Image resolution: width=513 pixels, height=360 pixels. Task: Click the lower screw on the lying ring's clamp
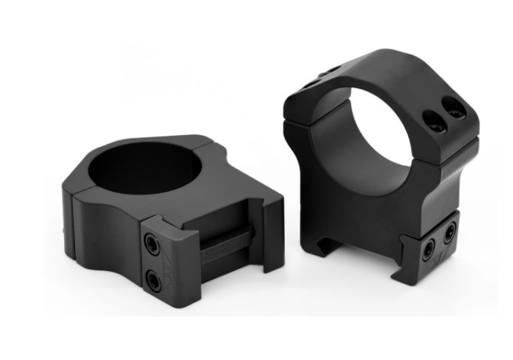point(153,279)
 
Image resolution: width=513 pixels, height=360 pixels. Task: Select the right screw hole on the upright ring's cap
point(454,111)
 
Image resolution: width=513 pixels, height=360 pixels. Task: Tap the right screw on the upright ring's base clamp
point(450,234)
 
